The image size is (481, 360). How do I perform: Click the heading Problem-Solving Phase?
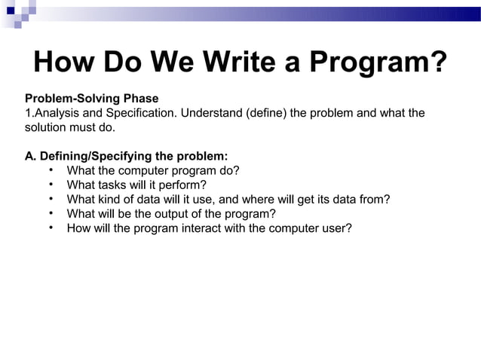(92, 99)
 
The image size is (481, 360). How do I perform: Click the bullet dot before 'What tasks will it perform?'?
(49, 185)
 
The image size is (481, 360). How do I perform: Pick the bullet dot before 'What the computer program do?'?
(49, 170)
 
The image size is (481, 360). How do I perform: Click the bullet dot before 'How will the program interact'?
(49, 227)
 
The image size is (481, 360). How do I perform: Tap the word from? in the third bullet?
(375, 200)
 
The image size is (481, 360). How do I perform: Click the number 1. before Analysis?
(29, 113)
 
